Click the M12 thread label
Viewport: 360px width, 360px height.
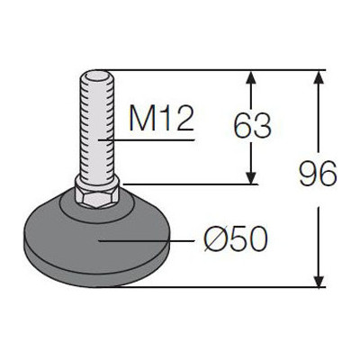(161, 119)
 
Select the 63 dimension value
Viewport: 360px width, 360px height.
(252, 125)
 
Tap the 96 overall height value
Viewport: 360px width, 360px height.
(318, 173)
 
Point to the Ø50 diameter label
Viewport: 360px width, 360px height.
(236, 239)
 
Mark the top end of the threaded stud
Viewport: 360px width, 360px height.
(96, 71)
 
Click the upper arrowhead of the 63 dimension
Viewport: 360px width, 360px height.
(252, 77)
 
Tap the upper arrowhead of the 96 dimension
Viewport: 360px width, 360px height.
(319, 77)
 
